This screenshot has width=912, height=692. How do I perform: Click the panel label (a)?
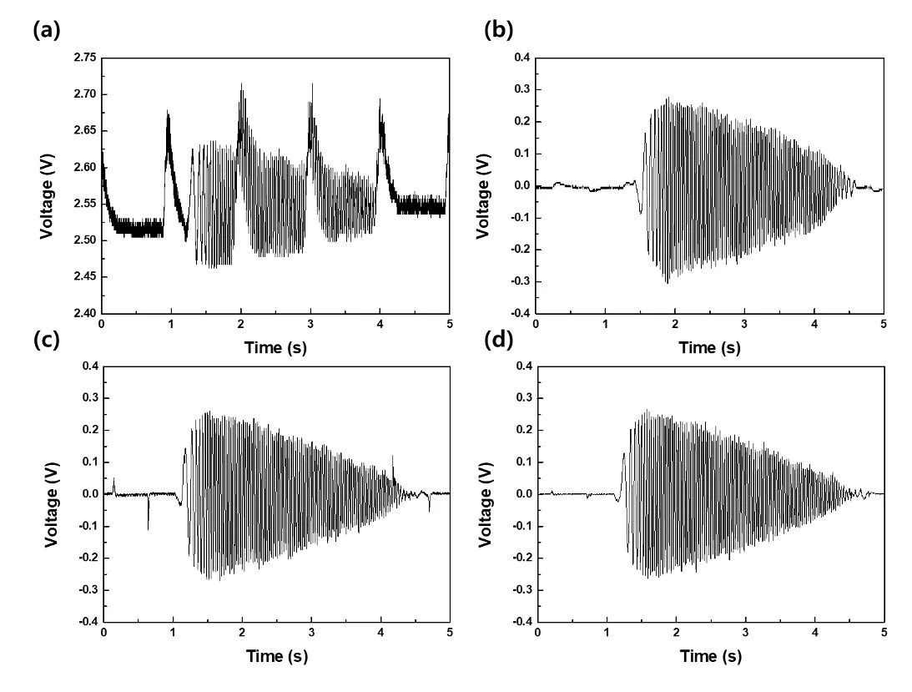tap(47, 31)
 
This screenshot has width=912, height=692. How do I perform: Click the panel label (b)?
tap(499, 31)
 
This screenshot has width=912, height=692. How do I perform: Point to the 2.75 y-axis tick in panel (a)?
tap(84, 58)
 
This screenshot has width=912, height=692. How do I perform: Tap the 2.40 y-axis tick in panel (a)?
tap(84, 314)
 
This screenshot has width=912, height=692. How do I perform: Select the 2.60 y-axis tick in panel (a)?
tap(84, 167)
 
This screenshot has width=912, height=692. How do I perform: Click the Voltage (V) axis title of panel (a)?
tap(47, 185)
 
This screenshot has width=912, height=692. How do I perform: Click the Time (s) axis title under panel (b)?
tap(709, 347)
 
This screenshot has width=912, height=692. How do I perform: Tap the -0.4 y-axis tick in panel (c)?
tap(87, 622)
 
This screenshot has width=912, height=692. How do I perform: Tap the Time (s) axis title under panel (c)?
tap(276, 656)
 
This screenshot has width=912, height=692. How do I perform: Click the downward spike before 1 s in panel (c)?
tap(149, 526)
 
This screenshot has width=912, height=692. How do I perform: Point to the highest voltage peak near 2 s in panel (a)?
tap(241, 84)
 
